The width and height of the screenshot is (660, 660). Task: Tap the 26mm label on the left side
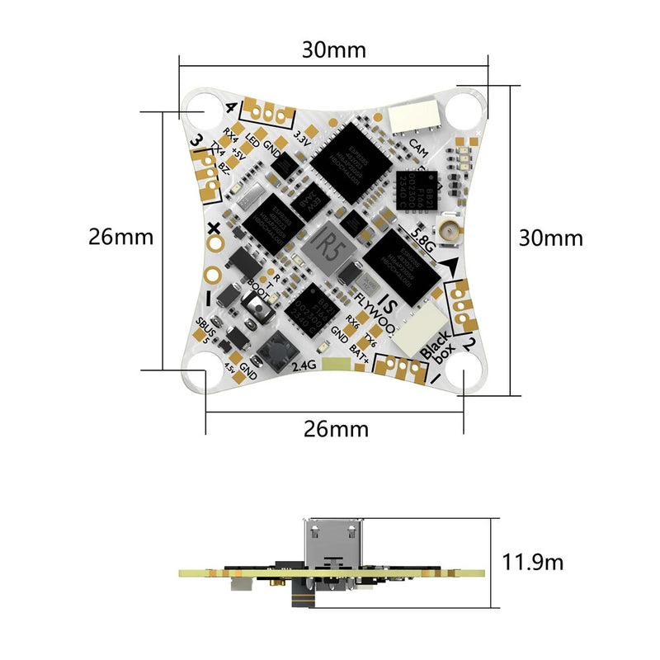(x=121, y=237)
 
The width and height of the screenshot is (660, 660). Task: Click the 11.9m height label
(x=533, y=563)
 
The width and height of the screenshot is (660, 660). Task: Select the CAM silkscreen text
(x=418, y=149)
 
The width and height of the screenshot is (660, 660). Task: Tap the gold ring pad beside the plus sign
(x=214, y=245)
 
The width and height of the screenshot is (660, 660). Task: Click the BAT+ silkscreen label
(x=360, y=352)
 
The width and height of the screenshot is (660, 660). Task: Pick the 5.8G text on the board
(x=419, y=241)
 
